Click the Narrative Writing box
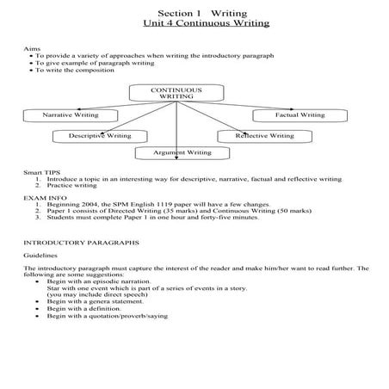click(70, 114)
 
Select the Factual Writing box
click(299, 114)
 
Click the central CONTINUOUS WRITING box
click(176, 93)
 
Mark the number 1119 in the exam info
click(160, 204)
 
